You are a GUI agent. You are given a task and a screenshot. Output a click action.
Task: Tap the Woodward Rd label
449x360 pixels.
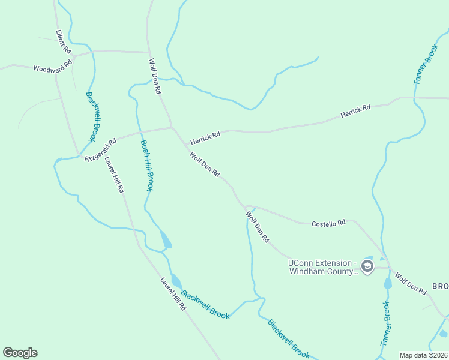53,65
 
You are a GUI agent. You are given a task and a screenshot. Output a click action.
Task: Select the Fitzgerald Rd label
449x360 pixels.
100,149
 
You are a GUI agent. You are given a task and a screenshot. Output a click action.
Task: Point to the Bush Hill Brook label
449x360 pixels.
147,166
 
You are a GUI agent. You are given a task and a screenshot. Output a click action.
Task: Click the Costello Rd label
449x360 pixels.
328,223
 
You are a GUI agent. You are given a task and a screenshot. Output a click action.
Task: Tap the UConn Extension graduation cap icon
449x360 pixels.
367,265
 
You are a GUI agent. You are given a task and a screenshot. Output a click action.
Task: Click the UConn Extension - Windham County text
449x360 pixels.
323,267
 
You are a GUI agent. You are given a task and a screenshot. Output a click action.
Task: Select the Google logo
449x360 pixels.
20,353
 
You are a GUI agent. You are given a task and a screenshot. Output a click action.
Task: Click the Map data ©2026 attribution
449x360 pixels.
423,355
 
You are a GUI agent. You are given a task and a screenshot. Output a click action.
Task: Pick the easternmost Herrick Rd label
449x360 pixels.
355,110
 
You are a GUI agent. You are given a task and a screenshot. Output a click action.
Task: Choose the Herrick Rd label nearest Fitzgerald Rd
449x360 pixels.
205,138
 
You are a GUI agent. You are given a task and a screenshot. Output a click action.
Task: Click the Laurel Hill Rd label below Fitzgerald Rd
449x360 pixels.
114,175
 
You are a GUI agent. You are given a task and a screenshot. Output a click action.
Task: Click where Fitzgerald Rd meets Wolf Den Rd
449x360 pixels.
172,127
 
